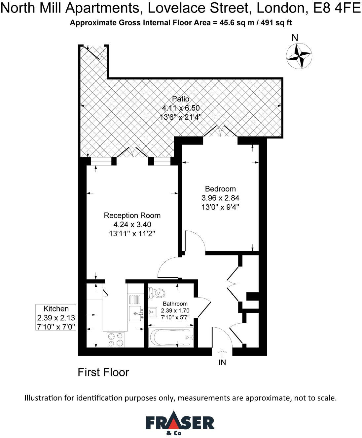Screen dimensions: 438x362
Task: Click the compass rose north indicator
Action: [299, 56]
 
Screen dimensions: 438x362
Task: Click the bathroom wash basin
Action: [152, 311]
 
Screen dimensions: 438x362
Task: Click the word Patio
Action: [181, 99]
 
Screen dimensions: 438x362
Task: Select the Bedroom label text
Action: [220, 189]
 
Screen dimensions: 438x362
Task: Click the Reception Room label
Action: [132, 216]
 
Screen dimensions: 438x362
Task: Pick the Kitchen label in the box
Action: [56, 309]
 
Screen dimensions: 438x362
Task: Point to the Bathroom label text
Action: [175, 304]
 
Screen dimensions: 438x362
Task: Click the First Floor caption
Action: [103, 372]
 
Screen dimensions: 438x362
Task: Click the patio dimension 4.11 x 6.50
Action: [181, 108]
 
